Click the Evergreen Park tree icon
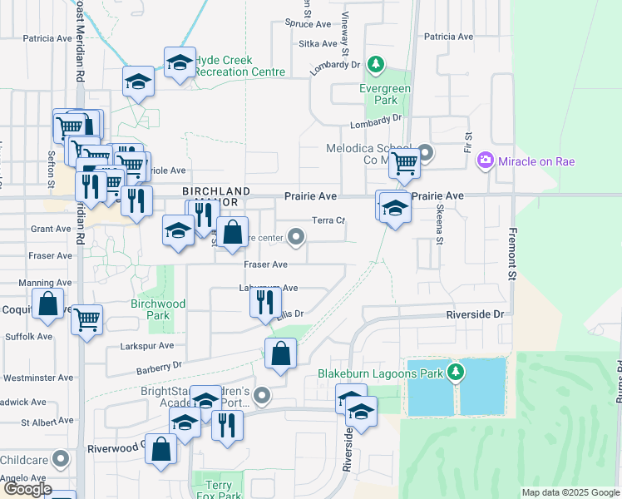coord(377,64)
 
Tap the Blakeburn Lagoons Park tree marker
coord(455,372)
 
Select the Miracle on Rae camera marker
coord(486,161)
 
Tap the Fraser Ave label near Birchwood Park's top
coord(265,264)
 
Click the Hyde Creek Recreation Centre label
coord(241,67)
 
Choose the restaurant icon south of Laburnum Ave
coord(265,300)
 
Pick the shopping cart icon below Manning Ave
coord(86,319)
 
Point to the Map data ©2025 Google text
coord(570,492)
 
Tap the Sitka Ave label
coord(319,44)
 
